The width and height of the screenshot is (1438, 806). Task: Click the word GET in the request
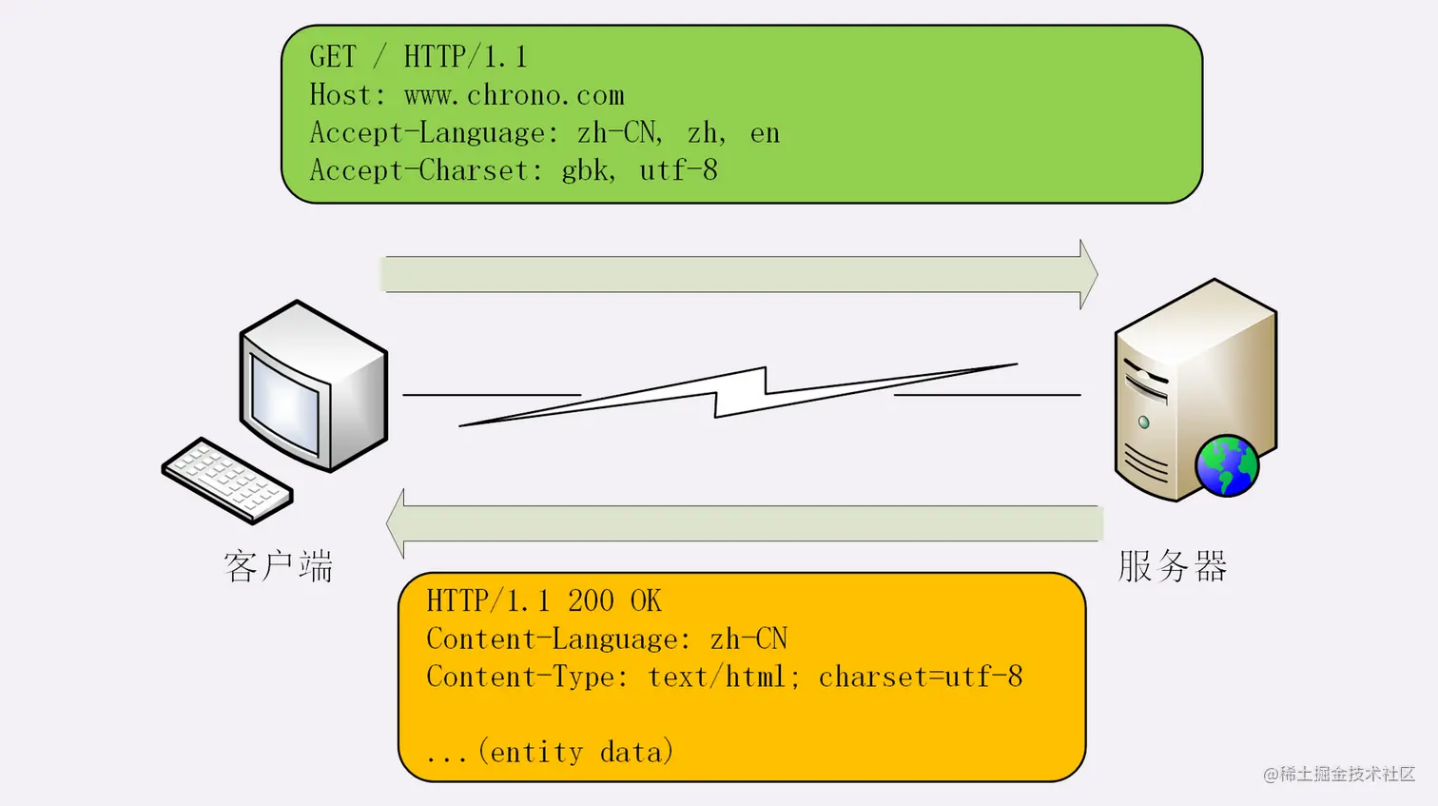click(x=333, y=57)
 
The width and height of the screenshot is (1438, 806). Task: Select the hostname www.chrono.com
click(x=515, y=95)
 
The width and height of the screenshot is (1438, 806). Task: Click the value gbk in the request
click(x=586, y=171)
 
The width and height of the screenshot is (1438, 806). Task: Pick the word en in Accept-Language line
click(x=765, y=134)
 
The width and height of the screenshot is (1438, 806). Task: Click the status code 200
click(x=591, y=601)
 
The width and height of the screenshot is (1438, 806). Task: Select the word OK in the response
click(x=646, y=601)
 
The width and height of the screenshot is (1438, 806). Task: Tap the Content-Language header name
click(x=556, y=639)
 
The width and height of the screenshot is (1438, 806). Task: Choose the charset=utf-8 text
click(x=921, y=678)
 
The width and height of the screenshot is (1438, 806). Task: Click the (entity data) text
click(x=576, y=753)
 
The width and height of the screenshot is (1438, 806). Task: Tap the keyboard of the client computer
click(x=227, y=480)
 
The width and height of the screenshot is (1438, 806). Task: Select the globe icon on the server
click(x=1227, y=465)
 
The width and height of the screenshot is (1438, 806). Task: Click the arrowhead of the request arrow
click(x=1088, y=274)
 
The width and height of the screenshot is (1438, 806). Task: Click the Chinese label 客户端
click(x=279, y=566)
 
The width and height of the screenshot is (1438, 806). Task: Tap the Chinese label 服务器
click(x=1173, y=566)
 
